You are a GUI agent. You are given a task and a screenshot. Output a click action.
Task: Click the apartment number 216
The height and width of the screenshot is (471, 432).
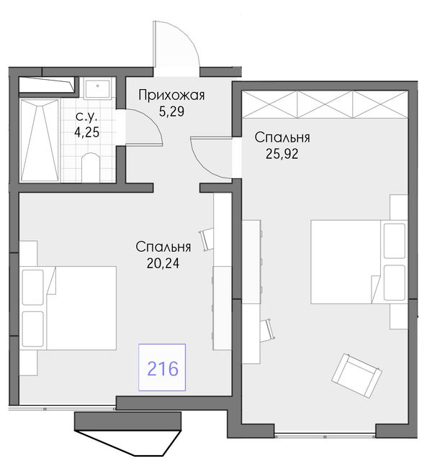[x=163, y=369]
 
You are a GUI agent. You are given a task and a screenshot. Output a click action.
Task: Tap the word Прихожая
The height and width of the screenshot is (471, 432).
[x=172, y=96]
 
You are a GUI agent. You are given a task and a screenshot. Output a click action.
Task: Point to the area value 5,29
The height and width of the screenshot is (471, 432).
[x=171, y=111]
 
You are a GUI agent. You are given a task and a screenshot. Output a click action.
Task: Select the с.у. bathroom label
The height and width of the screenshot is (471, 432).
[x=86, y=116]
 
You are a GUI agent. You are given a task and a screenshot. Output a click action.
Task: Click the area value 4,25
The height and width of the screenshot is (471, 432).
[x=86, y=132]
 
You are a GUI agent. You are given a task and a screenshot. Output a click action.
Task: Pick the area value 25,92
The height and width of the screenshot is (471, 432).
[x=282, y=154]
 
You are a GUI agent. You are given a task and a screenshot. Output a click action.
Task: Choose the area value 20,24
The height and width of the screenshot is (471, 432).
[x=163, y=263]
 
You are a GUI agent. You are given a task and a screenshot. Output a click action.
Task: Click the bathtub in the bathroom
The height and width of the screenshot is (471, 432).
[x=40, y=140]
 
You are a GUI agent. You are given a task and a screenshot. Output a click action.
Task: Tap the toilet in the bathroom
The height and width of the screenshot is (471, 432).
[x=91, y=167]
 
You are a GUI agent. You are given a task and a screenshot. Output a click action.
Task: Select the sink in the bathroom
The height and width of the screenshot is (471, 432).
[x=97, y=88]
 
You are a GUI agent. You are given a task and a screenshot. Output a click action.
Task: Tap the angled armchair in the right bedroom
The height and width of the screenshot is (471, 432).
[x=356, y=376]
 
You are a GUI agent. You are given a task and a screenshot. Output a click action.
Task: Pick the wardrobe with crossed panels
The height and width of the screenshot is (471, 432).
[x=325, y=104]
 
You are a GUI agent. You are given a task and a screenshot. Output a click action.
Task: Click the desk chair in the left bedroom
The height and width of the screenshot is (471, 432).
[x=207, y=239]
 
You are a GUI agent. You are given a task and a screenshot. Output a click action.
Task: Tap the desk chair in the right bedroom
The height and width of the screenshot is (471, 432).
[x=267, y=331]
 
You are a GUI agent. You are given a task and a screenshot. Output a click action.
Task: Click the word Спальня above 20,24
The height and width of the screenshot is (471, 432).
[x=163, y=247]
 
